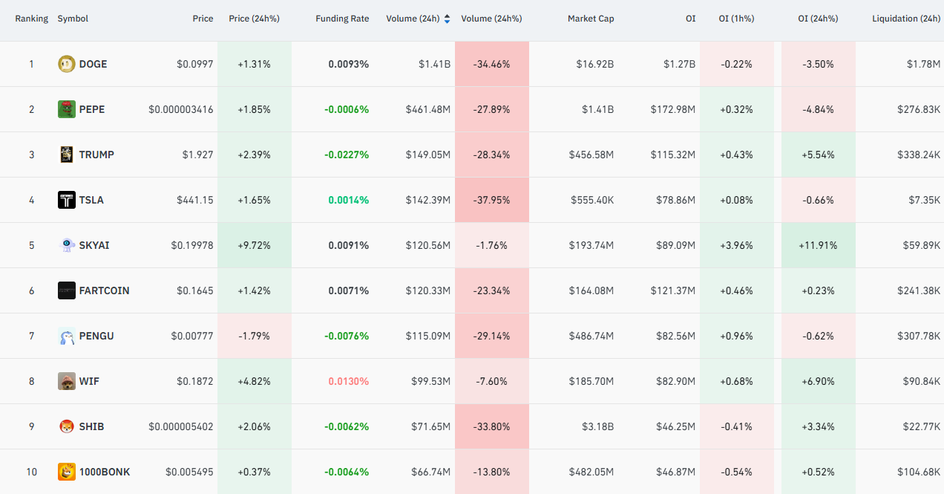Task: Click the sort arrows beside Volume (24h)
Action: tap(447, 19)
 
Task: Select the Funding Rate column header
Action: tap(342, 19)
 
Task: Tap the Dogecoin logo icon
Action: tap(67, 64)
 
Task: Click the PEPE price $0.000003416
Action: tap(181, 109)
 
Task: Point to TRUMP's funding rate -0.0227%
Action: tap(347, 155)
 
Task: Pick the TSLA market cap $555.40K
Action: tap(592, 200)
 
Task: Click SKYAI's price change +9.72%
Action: tap(254, 246)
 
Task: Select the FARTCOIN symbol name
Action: tap(104, 290)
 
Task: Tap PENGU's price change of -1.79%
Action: tap(254, 337)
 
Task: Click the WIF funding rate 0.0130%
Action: tap(349, 381)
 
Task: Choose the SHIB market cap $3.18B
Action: tap(597, 427)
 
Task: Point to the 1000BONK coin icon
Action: tap(67, 472)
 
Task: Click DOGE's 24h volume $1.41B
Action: tap(434, 64)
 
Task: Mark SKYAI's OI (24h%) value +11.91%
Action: tap(818, 246)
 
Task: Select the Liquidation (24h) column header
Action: tap(906, 19)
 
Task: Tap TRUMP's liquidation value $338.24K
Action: tap(919, 155)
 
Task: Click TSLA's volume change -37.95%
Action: tap(491, 200)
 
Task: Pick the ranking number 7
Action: tap(32, 337)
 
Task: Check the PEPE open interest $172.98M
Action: tap(672, 109)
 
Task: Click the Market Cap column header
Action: tap(591, 19)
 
